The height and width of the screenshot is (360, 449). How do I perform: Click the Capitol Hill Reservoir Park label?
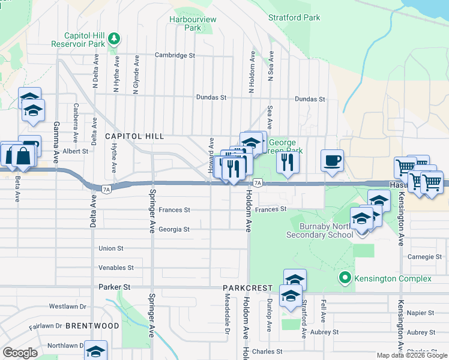click(x=77, y=40)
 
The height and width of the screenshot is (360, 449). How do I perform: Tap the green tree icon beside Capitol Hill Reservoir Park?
click(x=114, y=40)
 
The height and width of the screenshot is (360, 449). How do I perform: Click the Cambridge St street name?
click(x=175, y=55)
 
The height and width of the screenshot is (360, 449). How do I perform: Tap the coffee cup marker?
click(x=332, y=161)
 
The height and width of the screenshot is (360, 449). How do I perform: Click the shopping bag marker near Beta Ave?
click(x=23, y=157)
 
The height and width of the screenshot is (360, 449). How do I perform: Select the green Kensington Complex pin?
click(x=345, y=278)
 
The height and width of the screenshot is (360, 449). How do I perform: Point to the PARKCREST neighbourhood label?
click(x=248, y=289)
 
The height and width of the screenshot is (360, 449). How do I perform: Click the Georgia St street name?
click(x=174, y=229)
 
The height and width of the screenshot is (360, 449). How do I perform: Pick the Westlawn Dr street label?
click(x=68, y=306)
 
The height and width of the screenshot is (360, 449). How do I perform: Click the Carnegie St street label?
click(x=420, y=257)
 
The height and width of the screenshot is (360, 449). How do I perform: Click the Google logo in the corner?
click(x=20, y=353)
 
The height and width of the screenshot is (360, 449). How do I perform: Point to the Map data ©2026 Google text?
click(x=411, y=355)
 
